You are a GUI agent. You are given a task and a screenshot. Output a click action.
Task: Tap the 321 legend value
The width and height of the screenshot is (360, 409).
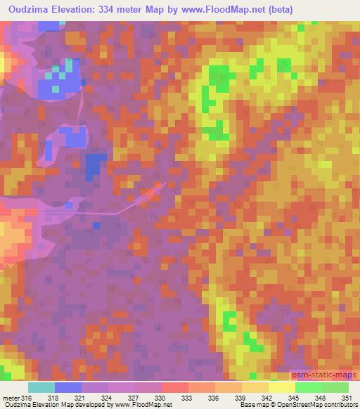[84, 398]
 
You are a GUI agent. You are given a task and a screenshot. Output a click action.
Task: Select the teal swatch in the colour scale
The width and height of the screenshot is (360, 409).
[41, 387]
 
